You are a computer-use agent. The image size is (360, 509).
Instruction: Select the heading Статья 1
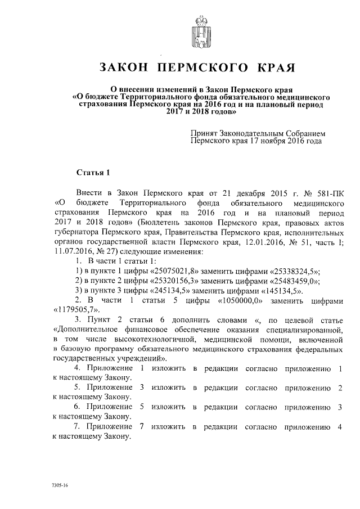(x=90, y=172)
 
